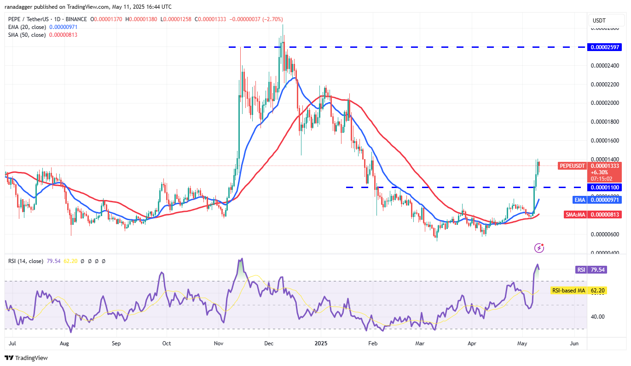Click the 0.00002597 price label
[x=605, y=47]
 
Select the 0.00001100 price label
[x=605, y=187]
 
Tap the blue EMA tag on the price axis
[x=579, y=200]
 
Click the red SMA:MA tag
[x=575, y=214]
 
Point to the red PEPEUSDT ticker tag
[x=572, y=166]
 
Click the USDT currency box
[x=599, y=21]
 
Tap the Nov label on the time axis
[x=218, y=343]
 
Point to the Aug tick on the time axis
[x=64, y=343]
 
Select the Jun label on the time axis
[x=574, y=343]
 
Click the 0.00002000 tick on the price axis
[x=605, y=103]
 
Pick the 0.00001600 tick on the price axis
[x=605, y=140]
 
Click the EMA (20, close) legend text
[x=27, y=27]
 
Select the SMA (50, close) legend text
[x=27, y=35]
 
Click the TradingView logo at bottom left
[x=26, y=358]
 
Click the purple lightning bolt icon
[x=539, y=248]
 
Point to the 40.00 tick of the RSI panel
[x=598, y=316]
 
